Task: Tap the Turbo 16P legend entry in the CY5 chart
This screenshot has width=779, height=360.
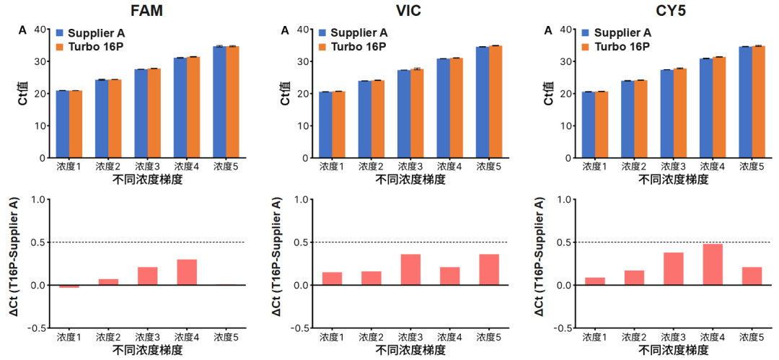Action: [x=622, y=47]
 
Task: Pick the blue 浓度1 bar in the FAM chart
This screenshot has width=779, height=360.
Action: [x=63, y=124]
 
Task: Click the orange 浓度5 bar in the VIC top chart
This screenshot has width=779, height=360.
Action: [x=496, y=102]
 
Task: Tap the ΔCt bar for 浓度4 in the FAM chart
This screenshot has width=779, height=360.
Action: [x=187, y=272]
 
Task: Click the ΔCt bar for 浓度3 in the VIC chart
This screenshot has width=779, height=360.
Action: [x=410, y=270]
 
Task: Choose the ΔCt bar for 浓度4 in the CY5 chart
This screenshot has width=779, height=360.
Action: [x=712, y=265]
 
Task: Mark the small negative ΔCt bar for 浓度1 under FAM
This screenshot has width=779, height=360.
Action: [x=69, y=286]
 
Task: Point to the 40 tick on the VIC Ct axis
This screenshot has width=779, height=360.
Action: [x=303, y=30]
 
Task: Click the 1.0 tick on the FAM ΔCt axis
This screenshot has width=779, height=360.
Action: [x=39, y=200]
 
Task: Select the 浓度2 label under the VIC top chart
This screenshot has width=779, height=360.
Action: [x=371, y=167]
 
